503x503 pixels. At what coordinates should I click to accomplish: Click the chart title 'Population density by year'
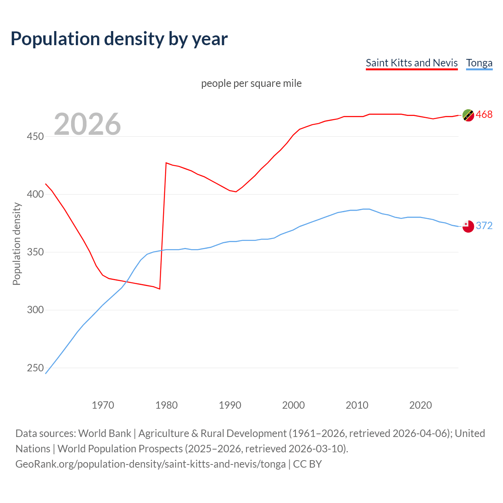119,39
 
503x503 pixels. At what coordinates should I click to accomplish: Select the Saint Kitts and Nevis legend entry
411,63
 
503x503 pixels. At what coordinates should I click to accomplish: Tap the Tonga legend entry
479,63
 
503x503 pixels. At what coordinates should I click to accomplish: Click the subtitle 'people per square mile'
251,83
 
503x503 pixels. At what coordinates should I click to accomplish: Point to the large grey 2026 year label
87,124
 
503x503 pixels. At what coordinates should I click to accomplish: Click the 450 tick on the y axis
35,136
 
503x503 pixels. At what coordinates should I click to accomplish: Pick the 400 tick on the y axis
35,194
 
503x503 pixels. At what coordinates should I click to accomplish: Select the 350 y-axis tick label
35,252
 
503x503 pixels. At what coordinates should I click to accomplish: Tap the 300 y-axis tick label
35,310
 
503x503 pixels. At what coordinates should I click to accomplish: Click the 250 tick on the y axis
35,368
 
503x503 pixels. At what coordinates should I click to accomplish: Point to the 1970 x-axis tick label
103,405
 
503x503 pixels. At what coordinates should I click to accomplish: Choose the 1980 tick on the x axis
167,405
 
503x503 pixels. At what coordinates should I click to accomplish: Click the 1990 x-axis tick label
230,405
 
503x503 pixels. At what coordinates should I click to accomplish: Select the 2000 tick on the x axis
294,405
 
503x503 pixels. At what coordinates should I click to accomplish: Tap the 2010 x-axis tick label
357,405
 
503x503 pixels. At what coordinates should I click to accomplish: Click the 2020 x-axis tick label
420,405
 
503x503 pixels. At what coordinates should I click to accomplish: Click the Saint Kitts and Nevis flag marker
468,115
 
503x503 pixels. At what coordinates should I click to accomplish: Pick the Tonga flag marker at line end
468,226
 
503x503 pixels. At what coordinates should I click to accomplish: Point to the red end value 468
484,114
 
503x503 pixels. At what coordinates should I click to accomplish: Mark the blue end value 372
484,226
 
